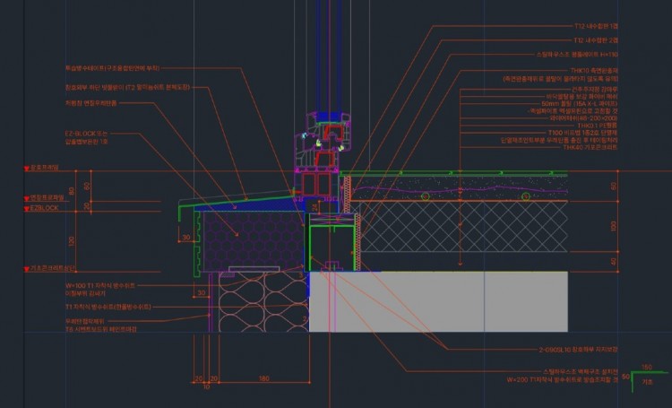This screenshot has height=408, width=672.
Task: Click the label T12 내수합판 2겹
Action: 596,40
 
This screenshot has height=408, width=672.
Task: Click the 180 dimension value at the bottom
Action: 263,379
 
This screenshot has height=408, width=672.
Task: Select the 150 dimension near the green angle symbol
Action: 647,367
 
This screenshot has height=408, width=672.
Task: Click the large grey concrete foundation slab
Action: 439,300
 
